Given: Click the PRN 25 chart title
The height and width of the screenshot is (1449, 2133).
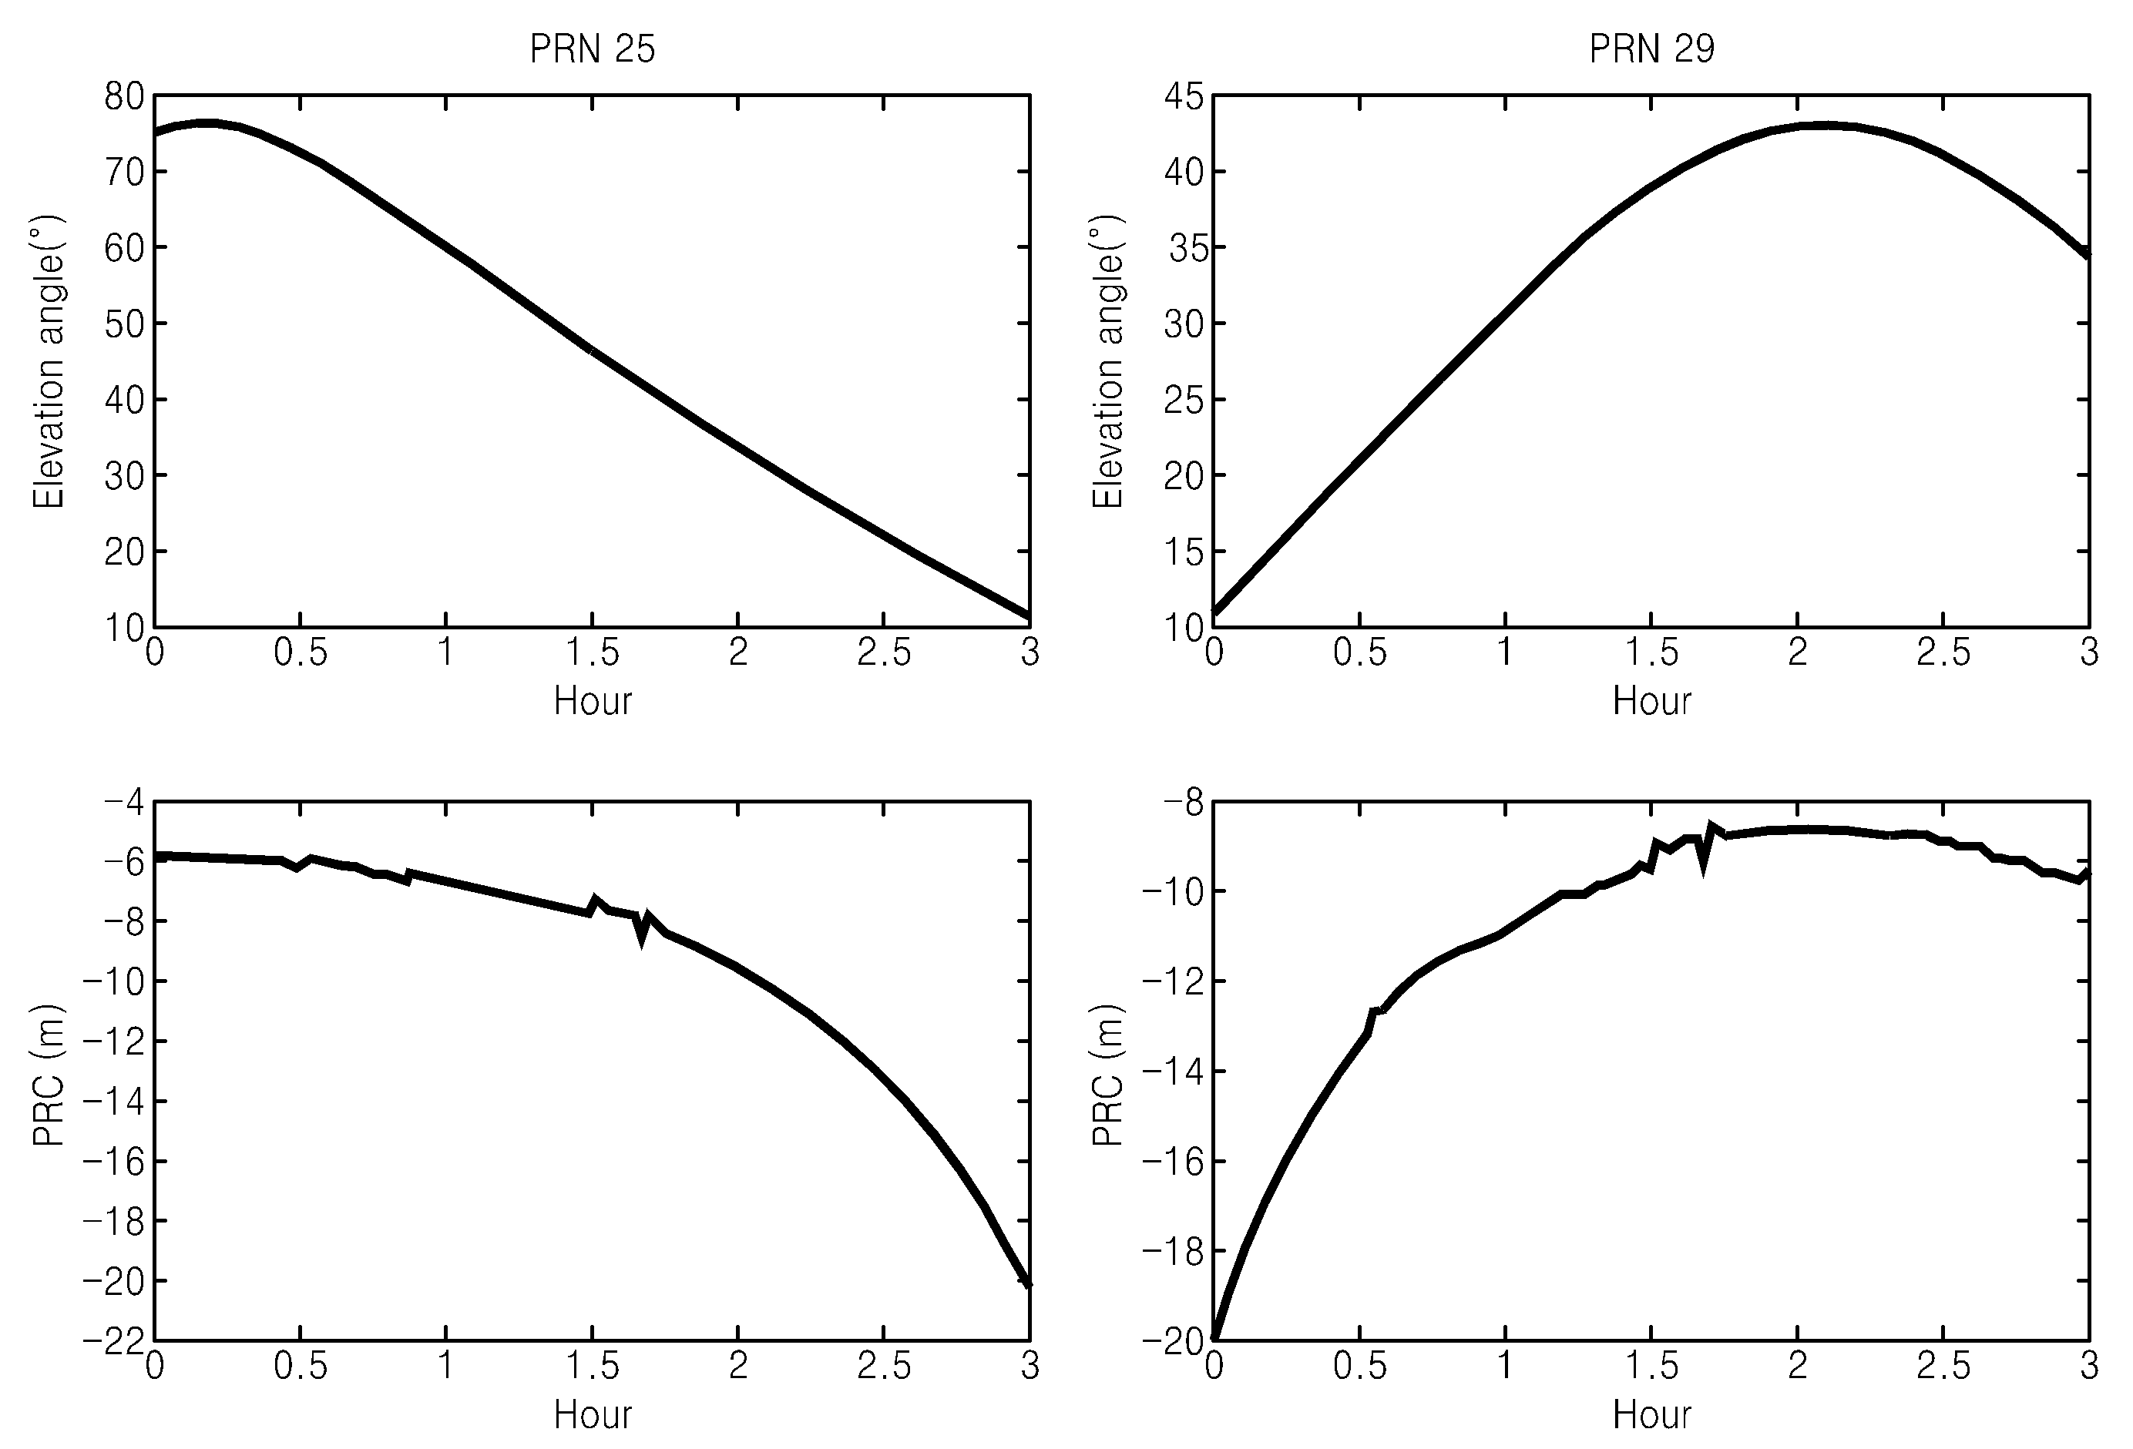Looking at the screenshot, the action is (x=592, y=49).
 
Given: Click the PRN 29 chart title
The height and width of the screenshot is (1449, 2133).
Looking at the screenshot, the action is (x=1651, y=49).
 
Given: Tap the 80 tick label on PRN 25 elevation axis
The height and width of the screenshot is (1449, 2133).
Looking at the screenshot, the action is (x=124, y=96).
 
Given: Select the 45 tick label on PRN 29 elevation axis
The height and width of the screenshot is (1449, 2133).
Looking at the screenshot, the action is (x=1183, y=96).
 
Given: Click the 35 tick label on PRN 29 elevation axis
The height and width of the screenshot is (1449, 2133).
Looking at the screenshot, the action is (x=1185, y=248).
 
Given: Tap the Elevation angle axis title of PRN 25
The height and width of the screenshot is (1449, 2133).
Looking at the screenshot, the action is (x=49, y=361).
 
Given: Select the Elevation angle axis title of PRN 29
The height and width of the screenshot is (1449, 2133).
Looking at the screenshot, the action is (x=1108, y=361).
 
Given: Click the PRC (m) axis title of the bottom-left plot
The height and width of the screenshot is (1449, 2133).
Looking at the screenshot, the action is (x=49, y=1075).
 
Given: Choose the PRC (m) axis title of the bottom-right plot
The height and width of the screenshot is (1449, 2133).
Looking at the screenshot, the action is (x=1108, y=1075).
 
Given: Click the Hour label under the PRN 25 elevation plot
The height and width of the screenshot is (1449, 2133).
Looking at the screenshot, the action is (x=593, y=701).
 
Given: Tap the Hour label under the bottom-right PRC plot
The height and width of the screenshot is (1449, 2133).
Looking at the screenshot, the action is (x=1652, y=1415).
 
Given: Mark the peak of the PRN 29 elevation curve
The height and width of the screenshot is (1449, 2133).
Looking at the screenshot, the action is (x=1826, y=125).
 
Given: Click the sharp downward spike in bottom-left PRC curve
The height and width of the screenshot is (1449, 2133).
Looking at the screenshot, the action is (x=640, y=940).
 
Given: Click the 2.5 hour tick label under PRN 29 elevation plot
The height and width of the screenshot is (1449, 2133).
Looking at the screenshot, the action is (x=1944, y=652).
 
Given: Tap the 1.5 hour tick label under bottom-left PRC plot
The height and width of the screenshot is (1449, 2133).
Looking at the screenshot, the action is (x=593, y=1367).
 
